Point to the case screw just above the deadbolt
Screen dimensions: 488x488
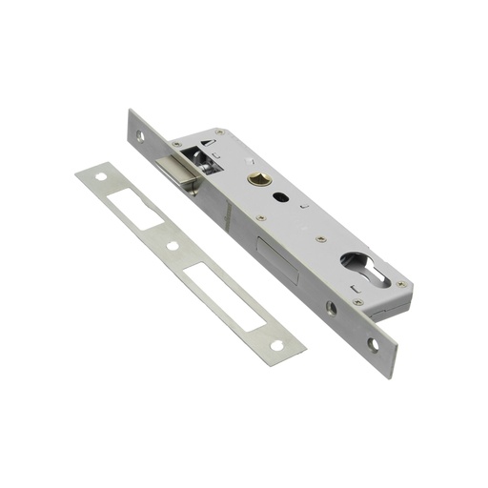coord(259,218)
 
